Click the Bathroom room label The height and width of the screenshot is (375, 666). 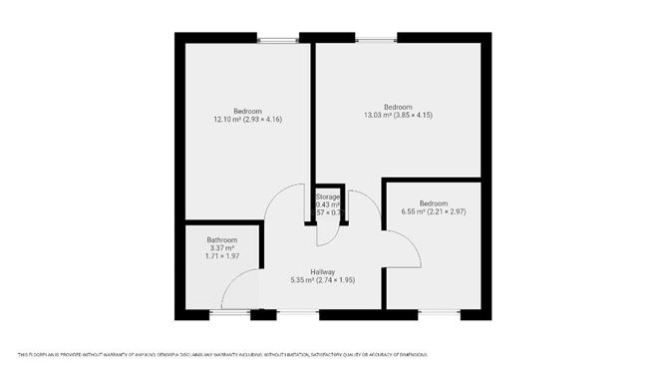click(221, 240)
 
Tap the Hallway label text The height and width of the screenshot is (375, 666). click(322, 271)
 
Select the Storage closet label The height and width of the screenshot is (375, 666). click(329, 197)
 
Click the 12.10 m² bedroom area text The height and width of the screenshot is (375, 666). click(247, 120)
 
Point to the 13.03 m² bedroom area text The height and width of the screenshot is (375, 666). click(398, 116)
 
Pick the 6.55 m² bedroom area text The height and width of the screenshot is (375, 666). click(435, 211)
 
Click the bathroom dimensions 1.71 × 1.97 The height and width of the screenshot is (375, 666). click(221, 257)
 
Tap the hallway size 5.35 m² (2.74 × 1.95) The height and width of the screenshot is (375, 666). click(322, 280)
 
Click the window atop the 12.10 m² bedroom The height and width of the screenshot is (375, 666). click(278, 39)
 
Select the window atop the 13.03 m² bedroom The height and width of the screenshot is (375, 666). click(376, 39)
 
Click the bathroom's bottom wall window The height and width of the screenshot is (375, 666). click(229, 314)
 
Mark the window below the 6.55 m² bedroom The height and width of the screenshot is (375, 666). click(439, 314)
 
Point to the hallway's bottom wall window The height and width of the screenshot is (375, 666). click(297, 314)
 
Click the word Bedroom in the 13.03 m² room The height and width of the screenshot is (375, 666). click(398, 107)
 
